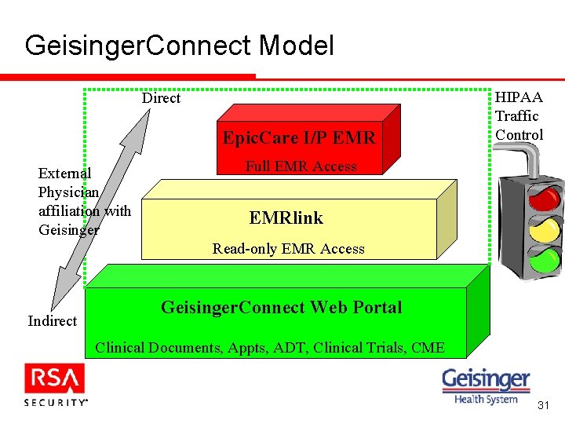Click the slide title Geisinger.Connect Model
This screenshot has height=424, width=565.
coord(179,46)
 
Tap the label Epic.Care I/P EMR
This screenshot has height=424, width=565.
coord(299,138)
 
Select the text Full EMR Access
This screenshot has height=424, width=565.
coord(301,166)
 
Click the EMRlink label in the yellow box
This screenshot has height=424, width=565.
coord(286,217)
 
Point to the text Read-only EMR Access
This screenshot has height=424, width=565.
coord(288,249)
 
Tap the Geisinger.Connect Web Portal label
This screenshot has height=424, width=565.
coord(281,308)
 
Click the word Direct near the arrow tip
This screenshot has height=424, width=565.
coord(161,98)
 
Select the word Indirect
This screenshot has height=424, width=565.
coord(52,320)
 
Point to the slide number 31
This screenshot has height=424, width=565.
coord(543,406)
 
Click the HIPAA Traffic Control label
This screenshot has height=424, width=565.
coord(519,116)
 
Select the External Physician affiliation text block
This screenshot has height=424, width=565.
coord(84,201)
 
